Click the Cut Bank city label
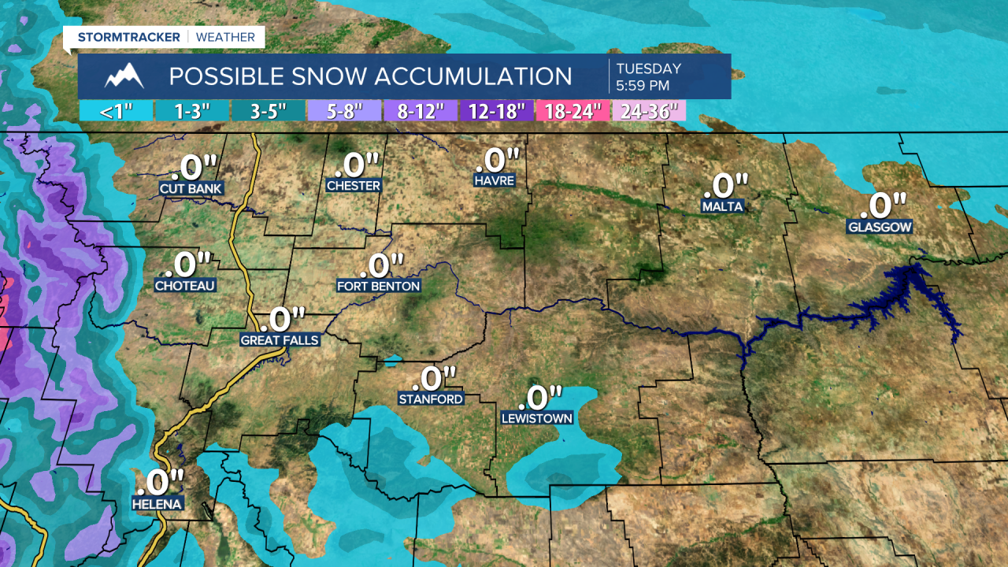click(x=191, y=189)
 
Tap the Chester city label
click(x=354, y=186)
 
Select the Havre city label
click(x=494, y=180)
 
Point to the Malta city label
click(x=723, y=206)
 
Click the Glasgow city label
click(x=880, y=227)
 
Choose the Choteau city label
click(x=185, y=285)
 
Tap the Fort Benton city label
click(x=379, y=286)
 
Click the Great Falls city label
click(x=280, y=340)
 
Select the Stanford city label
click(x=431, y=399)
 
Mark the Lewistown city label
click(x=537, y=418)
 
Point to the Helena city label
click(x=157, y=504)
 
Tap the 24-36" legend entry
click(x=649, y=111)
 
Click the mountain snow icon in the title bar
click(x=124, y=76)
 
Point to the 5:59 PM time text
click(x=643, y=85)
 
